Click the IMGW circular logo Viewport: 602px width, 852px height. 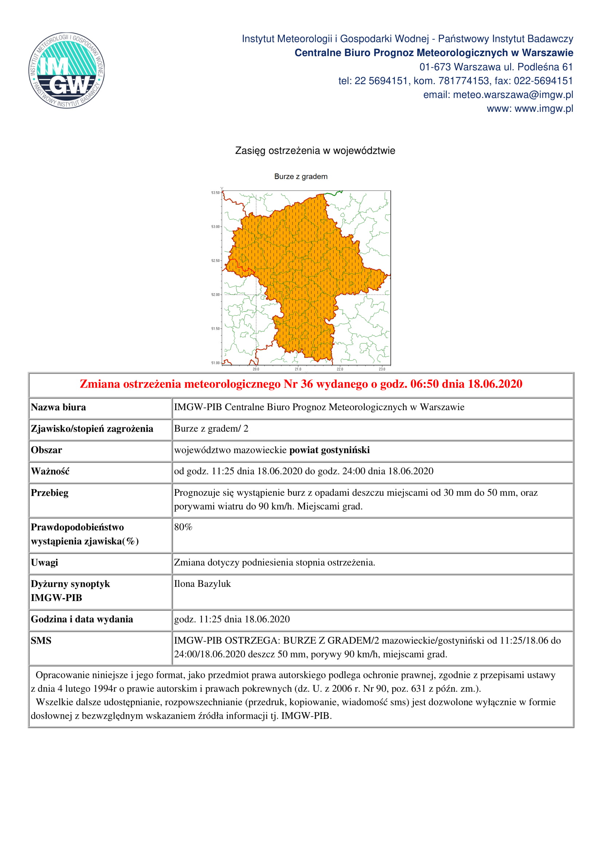(67, 71)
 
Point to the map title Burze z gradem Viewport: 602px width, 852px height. (301, 177)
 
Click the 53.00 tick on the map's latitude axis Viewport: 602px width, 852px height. (216, 227)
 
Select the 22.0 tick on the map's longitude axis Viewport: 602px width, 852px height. (340, 369)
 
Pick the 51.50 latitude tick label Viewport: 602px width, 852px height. (216, 329)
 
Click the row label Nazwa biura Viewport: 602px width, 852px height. (58, 408)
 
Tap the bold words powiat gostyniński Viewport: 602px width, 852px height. (329, 450)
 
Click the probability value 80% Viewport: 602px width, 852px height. (183, 527)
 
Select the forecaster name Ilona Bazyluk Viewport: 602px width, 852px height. (202, 584)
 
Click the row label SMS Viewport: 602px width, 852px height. (41, 641)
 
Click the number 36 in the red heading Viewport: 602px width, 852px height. (307, 384)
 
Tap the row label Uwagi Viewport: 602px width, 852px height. (44, 562)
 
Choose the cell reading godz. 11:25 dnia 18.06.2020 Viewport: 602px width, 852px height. (232, 619)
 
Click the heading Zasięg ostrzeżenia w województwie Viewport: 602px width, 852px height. (315, 151)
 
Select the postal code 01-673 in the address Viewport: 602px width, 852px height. (435, 67)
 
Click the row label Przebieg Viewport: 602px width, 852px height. (50, 493)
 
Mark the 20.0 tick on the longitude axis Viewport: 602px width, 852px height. (256, 369)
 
